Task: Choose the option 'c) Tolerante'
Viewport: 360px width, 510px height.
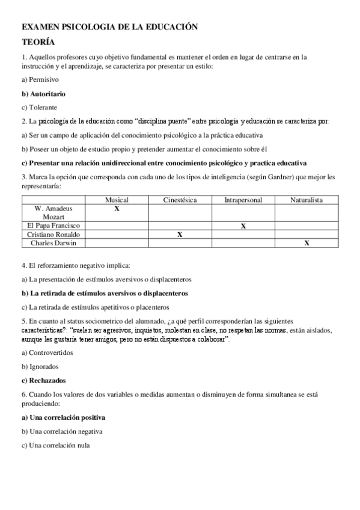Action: (38, 107)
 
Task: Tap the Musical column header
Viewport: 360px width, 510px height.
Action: (117, 200)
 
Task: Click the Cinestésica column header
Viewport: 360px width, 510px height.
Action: (179, 200)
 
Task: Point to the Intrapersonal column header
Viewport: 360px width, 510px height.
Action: (243, 200)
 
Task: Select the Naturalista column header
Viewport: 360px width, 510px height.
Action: (307, 200)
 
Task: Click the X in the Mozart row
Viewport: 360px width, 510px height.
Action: (117, 208)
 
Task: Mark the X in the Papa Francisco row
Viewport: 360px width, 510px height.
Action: (243, 226)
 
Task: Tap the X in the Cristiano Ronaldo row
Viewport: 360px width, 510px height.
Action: (180, 235)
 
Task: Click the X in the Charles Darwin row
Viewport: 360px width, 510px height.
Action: (307, 243)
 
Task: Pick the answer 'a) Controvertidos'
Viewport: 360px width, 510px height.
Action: (47, 352)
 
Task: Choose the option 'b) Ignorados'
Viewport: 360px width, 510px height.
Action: (40, 366)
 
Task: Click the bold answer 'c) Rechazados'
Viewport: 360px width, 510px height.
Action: (43, 380)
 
